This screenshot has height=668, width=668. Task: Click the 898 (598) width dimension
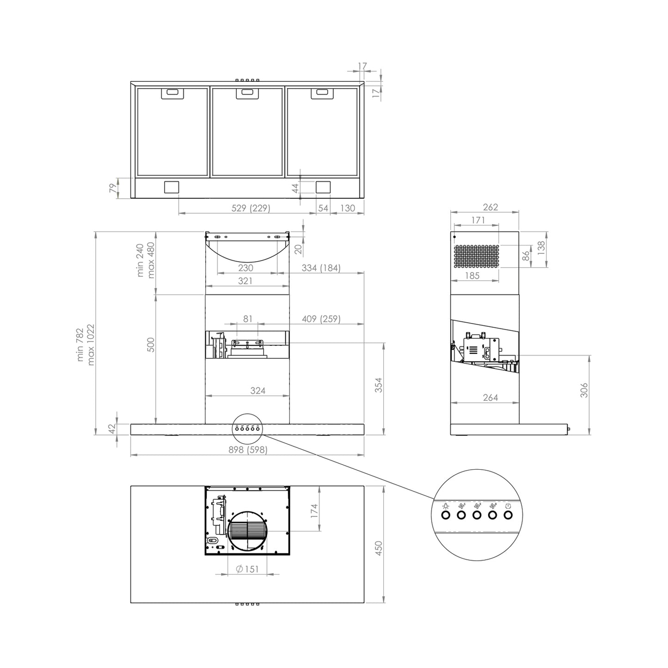pyautogui.click(x=248, y=450)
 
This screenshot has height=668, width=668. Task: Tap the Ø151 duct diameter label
pyautogui.click(x=247, y=569)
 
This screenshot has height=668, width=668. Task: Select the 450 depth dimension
pyautogui.click(x=379, y=548)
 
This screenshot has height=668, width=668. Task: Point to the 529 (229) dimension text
pyautogui.click(x=251, y=208)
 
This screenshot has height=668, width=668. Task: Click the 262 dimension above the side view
pyautogui.click(x=490, y=207)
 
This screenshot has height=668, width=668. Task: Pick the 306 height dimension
pyautogui.click(x=584, y=390)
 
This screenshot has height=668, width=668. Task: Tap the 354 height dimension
pyautogui.click(x=379, y=385)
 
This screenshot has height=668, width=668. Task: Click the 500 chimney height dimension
pyautogui.click(x=151, y=344)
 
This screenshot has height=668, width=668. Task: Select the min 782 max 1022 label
pyautogui.click(x=85, y=344)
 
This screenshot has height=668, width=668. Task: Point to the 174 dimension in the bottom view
pyautogui.click(x=314, y=511)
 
